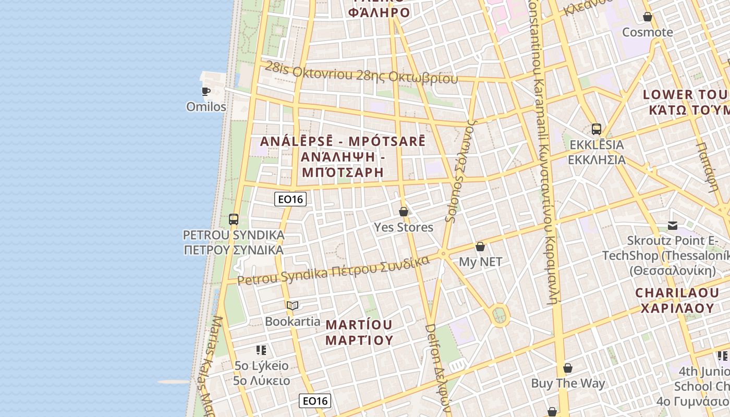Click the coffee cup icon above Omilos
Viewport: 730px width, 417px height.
[206, 92]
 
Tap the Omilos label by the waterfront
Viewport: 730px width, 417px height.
[206, 107]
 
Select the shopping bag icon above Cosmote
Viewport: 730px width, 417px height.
[648, 17]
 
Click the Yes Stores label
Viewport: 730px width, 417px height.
[404, 227]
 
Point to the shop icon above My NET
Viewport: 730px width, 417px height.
[480, 247]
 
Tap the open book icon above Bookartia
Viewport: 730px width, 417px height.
[293, 305]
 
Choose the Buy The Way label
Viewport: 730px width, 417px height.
[568, 384]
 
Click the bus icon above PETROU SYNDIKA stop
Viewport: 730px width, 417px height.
[234, 219]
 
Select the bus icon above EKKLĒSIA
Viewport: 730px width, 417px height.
[597, 129]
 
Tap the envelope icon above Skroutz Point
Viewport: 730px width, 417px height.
[673, 226]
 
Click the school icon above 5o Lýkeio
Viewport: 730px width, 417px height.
[261, 350]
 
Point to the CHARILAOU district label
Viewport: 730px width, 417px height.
[677, 300]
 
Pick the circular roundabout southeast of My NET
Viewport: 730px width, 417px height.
[500, 315]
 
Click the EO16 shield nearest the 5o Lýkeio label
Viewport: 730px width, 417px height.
[315, 401]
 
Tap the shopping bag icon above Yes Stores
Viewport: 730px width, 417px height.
[404, 212]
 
